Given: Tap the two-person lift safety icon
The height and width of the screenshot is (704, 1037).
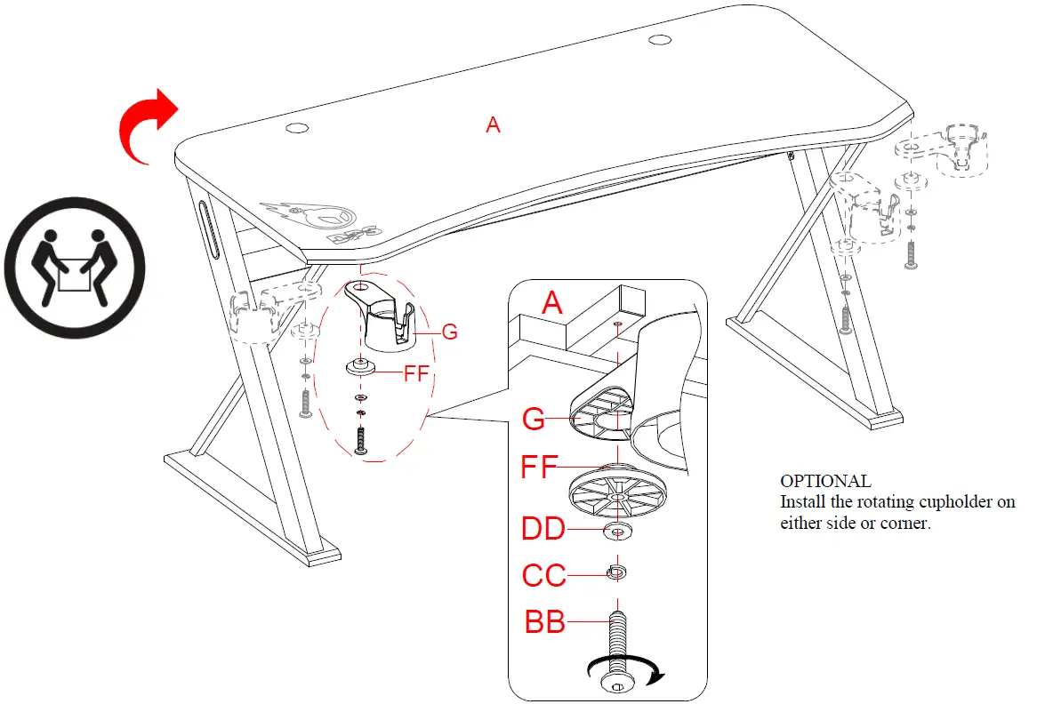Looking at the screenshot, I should tap(75, 267).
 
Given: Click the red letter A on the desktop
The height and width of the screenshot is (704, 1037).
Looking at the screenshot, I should tap(493, 125).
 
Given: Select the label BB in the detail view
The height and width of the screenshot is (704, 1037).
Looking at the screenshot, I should tap(545, 622).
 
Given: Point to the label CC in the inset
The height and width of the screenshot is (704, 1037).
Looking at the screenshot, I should tap(543, 576).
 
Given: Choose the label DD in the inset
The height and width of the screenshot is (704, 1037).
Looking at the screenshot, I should tap(543, 530).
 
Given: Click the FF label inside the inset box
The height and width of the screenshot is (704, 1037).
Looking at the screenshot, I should tap(539, 467).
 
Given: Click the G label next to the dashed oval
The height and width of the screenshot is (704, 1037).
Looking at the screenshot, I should tap(450, 332).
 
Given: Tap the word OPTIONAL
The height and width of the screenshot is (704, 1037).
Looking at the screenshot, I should tap(825, 481).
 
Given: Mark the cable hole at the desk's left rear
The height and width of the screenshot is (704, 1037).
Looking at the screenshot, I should tap(296, 129).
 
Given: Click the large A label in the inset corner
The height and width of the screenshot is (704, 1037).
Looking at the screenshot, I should tap(552, 304).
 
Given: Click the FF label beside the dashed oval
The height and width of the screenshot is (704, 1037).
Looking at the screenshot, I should tap(415, 373).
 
